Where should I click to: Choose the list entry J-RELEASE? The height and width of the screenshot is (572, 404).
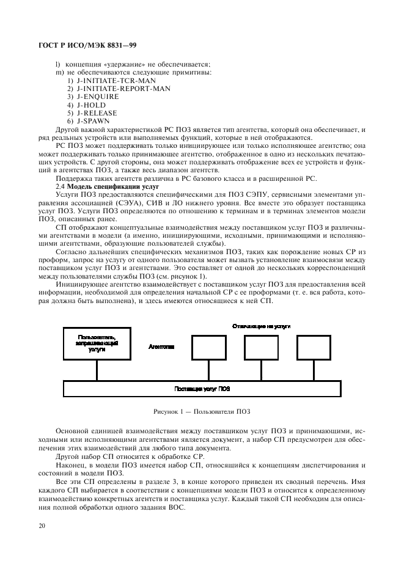[x=97, y=113]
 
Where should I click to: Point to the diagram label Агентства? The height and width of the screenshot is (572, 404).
[x=161, y=346]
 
